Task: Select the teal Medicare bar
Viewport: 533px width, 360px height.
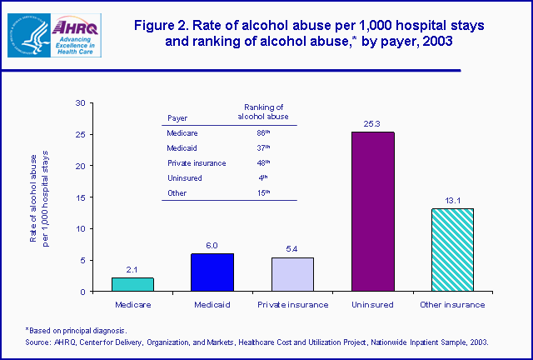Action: pos(133,284)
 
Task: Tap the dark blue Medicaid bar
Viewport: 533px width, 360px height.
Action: pos(213,272)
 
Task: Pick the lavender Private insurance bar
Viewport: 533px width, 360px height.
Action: pos(293,274)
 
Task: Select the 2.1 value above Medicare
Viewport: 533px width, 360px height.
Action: pos(133,269)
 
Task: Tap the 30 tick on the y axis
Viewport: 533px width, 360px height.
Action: pos(80,102)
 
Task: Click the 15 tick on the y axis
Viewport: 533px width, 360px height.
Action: pos(80,197)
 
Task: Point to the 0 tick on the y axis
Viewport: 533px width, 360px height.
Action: pos(82,292)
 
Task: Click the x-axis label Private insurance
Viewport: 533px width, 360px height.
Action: pos(293,305)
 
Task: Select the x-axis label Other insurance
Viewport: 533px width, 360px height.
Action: pos(453,305)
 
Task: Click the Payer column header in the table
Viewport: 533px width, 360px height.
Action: pos(177,117)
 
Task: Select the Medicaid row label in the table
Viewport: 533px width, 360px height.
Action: pos(182,147)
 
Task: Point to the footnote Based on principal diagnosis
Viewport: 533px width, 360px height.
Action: pos(79,331)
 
